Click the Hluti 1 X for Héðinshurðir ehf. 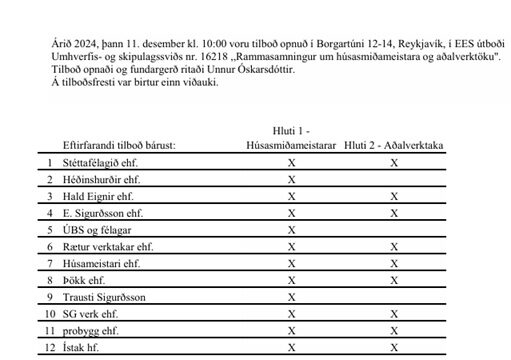click(x=291, y=179)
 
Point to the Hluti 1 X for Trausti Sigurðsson click(x=291, y=298)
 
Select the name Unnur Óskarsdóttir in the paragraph click(x=231, y=70)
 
